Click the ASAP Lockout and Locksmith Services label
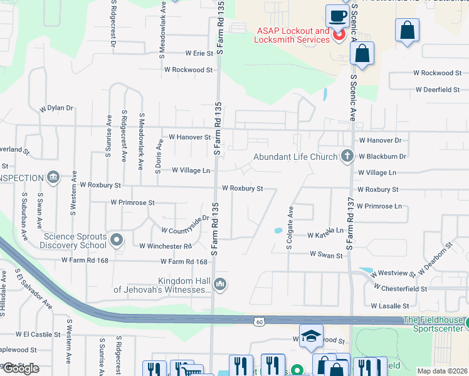click(x=292, y=35)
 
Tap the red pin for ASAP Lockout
click(x=339, y=34)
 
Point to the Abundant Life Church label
click(x=295, y=157)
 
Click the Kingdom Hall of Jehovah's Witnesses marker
click(x=219, y=285)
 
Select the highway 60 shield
click(x=259, y=322)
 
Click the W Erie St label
click(x=199, y=54)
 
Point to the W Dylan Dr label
click(x=56, y=108)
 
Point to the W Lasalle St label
click(x=390, y=306)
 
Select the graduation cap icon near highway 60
click(x=311, y=336)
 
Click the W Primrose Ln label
click(x=379, y=206)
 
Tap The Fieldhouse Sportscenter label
click(x=435, y=323)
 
